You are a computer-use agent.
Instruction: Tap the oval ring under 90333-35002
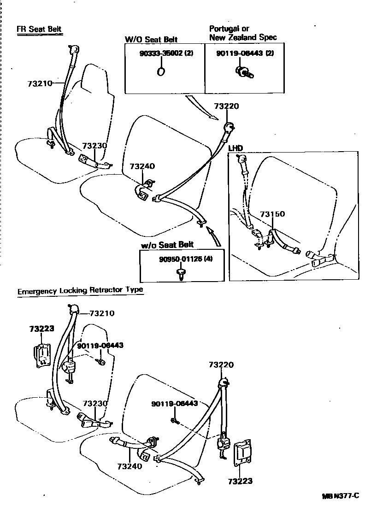[162, 71]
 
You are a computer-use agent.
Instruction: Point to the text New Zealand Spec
[243, 37]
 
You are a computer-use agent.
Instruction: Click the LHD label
[235, 148]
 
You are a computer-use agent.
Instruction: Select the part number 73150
[272, 214]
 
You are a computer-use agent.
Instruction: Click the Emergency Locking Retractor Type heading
[80, 290]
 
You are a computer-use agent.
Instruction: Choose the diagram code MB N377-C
[340, 496]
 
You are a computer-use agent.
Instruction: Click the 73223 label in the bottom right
[240, 482]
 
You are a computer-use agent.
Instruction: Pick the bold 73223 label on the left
[42, 329]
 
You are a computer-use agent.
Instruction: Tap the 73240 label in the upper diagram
[142, 166]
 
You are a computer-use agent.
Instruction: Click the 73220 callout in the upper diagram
[227, 106]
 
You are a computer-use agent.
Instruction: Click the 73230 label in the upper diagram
[94, 146]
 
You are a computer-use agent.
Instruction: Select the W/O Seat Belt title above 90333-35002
[151, 40]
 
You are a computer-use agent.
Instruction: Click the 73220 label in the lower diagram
[221, 365]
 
